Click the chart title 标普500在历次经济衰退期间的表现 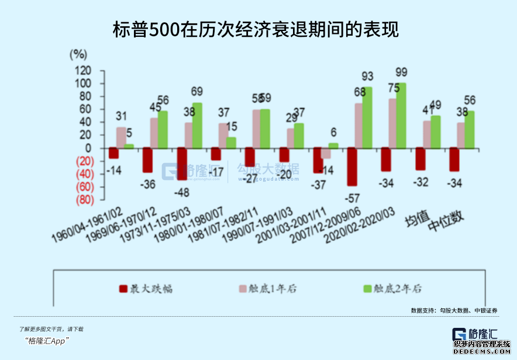[256, 30]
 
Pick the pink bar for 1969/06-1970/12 [154, 133]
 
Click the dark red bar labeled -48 [182, 164]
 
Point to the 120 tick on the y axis [84, 71]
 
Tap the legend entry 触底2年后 [392, 288]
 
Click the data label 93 [367, 77]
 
